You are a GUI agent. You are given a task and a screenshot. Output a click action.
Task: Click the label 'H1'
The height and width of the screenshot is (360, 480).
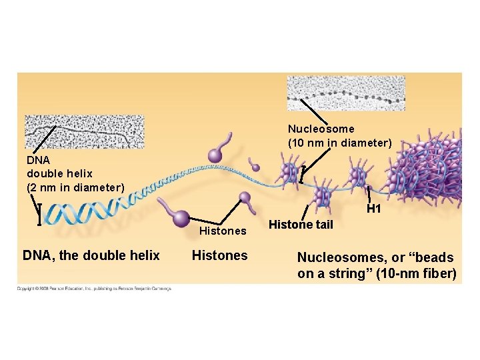click(x=374, y=209)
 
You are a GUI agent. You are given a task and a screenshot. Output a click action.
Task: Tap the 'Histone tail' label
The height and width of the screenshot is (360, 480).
click(x=301, y=225)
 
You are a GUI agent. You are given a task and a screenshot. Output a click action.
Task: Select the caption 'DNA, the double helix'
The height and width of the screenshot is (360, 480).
click(x=91, y=255)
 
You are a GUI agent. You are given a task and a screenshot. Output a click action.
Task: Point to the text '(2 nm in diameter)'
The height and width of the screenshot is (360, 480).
click(x=75, y=187)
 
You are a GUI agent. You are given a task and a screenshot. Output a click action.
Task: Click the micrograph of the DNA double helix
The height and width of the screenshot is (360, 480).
click(x=84, y=131)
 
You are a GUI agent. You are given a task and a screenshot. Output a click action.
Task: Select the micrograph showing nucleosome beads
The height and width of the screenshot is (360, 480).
click(x=345, y=93)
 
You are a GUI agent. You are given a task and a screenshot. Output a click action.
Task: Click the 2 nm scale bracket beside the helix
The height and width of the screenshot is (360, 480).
click(x=39, y=215)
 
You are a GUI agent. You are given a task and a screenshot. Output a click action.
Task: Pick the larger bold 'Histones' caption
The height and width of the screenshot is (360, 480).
click(x=219, y=255)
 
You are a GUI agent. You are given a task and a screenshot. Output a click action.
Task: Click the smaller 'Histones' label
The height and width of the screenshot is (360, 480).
click(x=223, y=231)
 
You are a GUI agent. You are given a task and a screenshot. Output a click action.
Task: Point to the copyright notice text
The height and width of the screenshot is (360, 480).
click(x=94, y=289)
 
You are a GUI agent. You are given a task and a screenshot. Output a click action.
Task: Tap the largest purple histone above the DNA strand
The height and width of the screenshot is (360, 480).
click(x=215, y=155)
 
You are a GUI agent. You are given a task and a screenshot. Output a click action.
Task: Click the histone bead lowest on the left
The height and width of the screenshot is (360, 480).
click(x=180, y=217)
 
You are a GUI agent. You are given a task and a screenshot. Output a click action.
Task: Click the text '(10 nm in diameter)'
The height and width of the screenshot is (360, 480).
click(x=339, y=143)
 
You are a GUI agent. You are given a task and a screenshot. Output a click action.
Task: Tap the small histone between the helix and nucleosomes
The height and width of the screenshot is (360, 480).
click(x=254, y=165)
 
